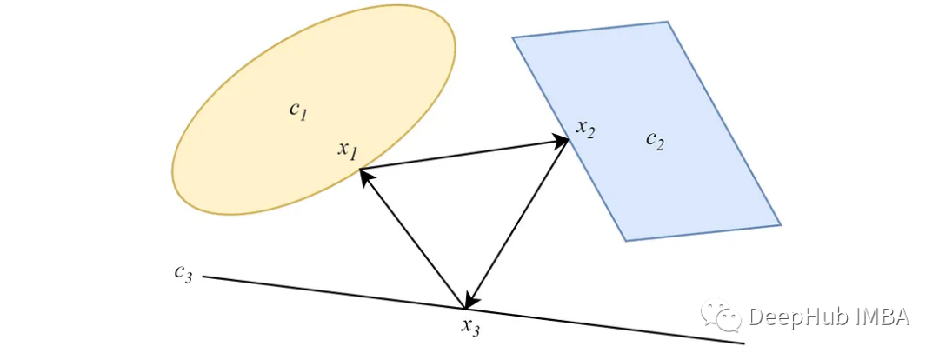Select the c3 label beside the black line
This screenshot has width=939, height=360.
tap(183, 273)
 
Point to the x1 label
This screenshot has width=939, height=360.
tap(348, 150)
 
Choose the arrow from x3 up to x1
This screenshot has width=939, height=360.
tap(413, 239)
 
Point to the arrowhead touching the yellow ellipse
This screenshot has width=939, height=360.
tap(365, 176)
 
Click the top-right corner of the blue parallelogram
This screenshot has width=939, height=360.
tap(667, 23)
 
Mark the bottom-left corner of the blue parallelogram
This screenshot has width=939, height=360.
tap(625, 240)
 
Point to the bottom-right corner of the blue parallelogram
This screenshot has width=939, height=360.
tap(780, 224)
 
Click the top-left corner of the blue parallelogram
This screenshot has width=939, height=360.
tap(513, 37)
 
